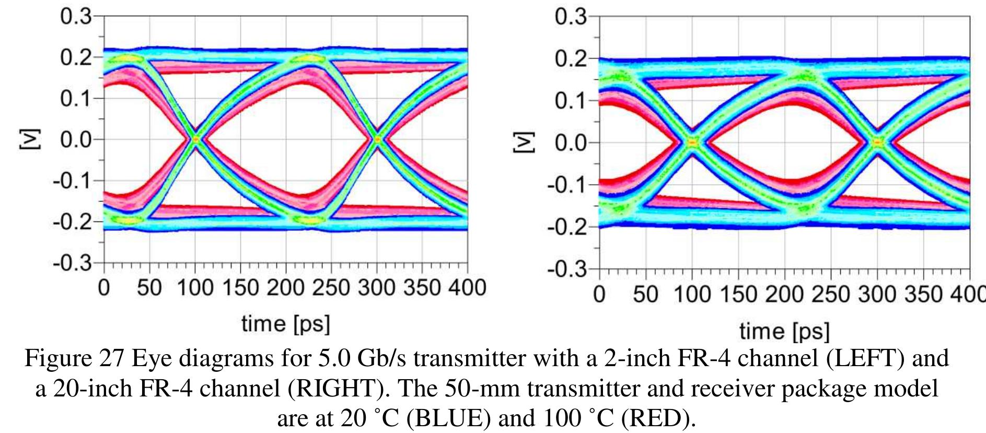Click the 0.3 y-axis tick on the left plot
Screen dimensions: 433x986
(75, 17)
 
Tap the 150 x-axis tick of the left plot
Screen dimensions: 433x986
(240, 288)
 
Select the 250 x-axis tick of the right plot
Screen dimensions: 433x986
(831, 295)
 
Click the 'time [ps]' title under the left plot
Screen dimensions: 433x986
(285, 324)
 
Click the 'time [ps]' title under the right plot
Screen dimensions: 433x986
(784, 332)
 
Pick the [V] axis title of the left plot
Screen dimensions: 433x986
(25, 139)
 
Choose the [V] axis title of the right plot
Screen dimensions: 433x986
(519, 143)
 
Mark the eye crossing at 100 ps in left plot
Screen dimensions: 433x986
(195, 139)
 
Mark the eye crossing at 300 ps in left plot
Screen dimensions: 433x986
(377, 139)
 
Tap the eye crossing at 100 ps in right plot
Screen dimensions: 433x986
(692, 142)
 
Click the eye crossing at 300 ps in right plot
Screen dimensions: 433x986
(877, 142)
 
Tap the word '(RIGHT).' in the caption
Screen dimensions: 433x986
(335, 389)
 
